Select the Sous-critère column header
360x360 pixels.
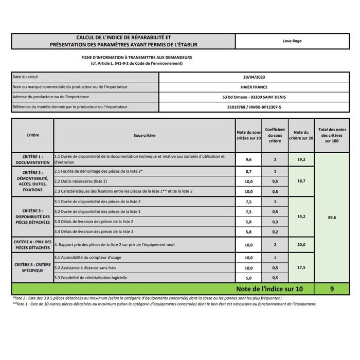coord(144,135)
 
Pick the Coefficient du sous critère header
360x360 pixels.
coord(275,135)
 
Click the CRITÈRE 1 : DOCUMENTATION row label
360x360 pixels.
coord(32,159)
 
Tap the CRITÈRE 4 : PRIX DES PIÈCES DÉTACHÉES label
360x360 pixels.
coord(32,244)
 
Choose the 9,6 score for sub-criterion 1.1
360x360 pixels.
coord(249,159)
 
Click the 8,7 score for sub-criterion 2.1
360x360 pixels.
coord(249,171)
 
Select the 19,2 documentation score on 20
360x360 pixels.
coord(301,159)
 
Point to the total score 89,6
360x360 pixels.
coord(332,217)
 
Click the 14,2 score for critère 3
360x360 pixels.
coord(301,217)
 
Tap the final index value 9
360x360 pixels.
coord(332,289)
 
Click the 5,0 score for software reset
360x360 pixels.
coord(249,278)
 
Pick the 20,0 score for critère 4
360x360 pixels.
coord(301,245)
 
